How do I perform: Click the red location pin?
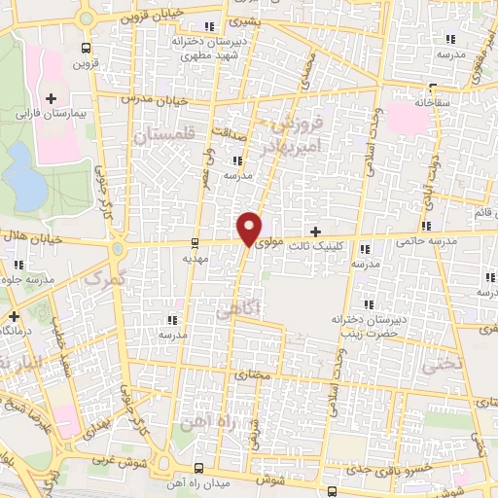[250, 228]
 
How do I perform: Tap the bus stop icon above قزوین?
[88, 48]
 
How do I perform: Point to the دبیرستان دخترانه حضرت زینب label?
[366, 326]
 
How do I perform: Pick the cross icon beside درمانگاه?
[14, 316]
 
